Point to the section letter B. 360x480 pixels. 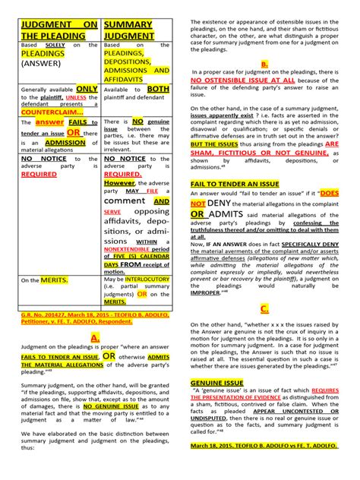pos(264,64)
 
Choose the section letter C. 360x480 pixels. pos(264,308)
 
